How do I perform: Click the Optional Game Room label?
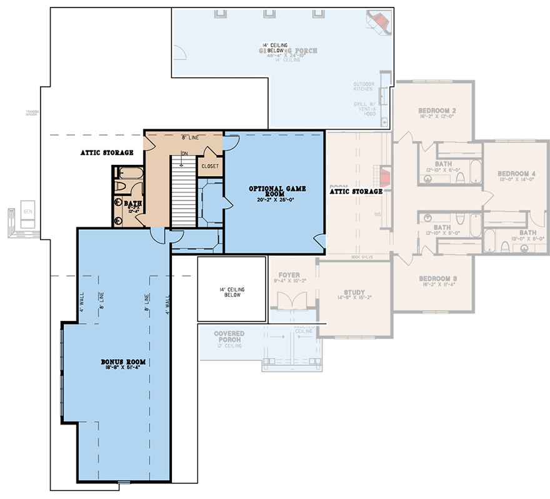tap(274, 192)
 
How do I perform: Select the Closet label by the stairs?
tap(209, 166)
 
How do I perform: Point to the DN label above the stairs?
tap(185, 153)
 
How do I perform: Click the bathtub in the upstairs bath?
tap(129, 172)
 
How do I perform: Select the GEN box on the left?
tap(27, 211)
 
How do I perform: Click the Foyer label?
tap(289, 274)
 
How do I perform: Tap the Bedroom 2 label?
tap(436, 111)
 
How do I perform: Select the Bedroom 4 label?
tap(516, 173)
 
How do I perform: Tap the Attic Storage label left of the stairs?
tap(106, 152)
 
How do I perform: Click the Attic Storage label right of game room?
tap(356, 192)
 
